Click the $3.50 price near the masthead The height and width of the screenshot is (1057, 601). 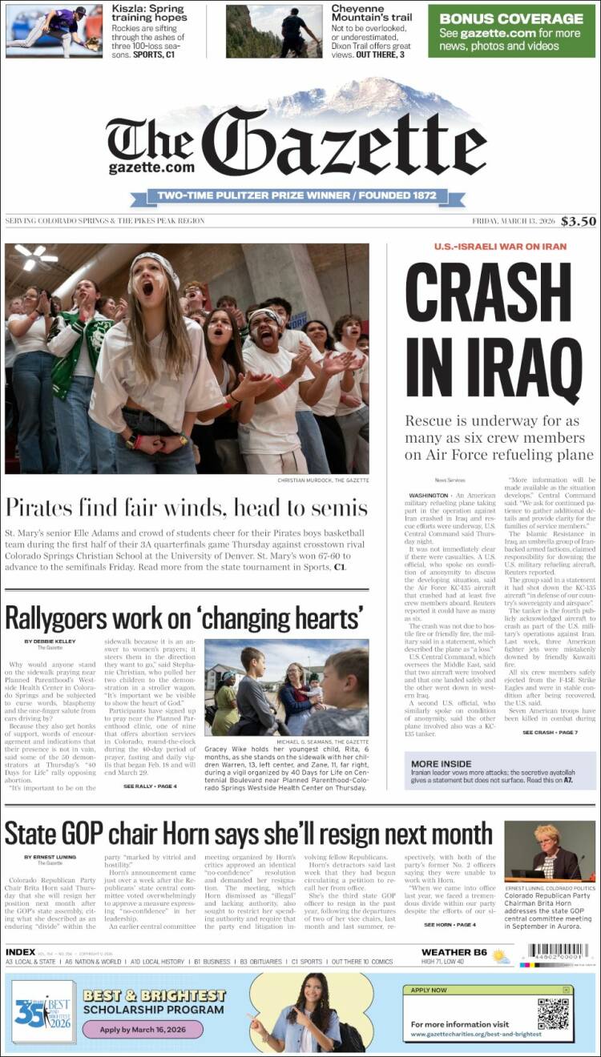tap(578, 221)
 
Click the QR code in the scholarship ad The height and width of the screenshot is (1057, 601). tap(553, 1013)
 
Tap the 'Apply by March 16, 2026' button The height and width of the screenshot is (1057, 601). tap(143, 1029)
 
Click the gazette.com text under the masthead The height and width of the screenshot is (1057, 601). tap(151, 168)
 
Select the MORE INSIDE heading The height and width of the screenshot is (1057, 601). tap(442, 764)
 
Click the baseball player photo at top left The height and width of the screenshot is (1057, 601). tap(54, 31)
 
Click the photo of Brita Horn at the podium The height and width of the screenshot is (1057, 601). tap(550, 850)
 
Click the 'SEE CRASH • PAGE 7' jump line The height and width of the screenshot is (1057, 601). tap(550, 733)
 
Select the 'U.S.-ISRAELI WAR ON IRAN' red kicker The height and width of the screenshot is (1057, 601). tap(500, 247)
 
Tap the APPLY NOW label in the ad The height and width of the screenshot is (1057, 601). tap(430, 990)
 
